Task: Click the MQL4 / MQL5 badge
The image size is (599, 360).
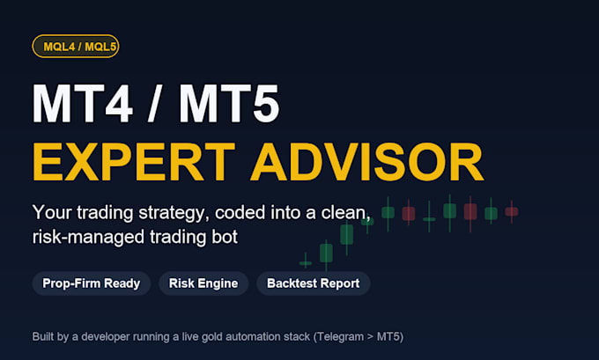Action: (x=76, y=47)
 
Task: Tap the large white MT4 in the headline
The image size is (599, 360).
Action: (x=83, y=104)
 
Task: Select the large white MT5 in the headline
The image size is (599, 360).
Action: (x=229, y=104)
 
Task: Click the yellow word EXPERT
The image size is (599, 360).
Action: (x=134, y=162)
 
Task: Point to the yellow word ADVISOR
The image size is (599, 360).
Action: (x=367, y=162)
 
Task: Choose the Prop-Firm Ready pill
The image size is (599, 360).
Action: (x=92, y=283)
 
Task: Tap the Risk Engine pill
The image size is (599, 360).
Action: (x=203, y=283)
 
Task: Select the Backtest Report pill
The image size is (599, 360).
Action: (x=314, y=283)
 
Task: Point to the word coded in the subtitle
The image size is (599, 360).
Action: (x=240, y=212)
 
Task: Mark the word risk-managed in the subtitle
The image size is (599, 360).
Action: (x=89, y=238)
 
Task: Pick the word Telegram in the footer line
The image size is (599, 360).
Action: (x=340, y=337)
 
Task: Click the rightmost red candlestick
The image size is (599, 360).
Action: (x=512, y=211)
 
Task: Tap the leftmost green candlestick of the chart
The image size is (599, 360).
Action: (x=306, y=262)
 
